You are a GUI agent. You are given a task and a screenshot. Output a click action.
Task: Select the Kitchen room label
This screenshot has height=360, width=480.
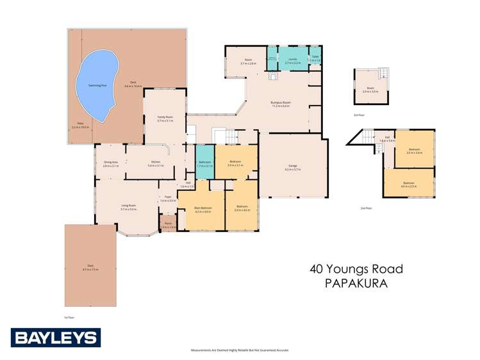point(155,163)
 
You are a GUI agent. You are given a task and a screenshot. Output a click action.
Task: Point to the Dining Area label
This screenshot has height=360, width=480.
point(110,163)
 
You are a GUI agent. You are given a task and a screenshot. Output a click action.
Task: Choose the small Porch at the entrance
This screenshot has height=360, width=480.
point(169,225)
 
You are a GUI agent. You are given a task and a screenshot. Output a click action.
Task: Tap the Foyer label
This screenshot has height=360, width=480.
point(168,198)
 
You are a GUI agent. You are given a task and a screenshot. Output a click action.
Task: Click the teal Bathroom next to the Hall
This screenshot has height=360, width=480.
point(203,163)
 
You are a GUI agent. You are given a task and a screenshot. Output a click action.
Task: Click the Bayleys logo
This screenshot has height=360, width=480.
point(55,337)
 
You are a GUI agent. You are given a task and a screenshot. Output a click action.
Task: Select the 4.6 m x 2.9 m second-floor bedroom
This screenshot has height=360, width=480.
point(409,184)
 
